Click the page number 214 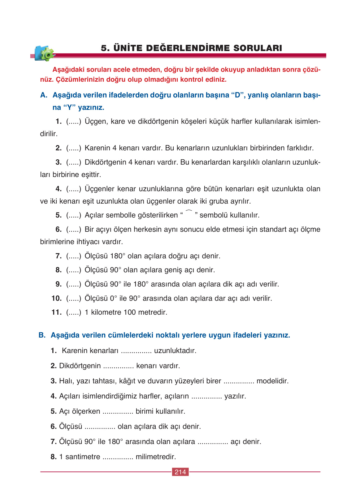[180, 472]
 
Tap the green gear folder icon [45, 54]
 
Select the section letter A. [44, 95]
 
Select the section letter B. [42, 335]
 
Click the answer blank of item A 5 [74, 215]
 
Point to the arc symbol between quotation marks [189, 212]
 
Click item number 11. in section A [57, 312]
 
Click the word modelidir [272, 381]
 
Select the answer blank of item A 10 [74, 299]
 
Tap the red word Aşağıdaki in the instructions [68, 70]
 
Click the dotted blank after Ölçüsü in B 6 [100, 427]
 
